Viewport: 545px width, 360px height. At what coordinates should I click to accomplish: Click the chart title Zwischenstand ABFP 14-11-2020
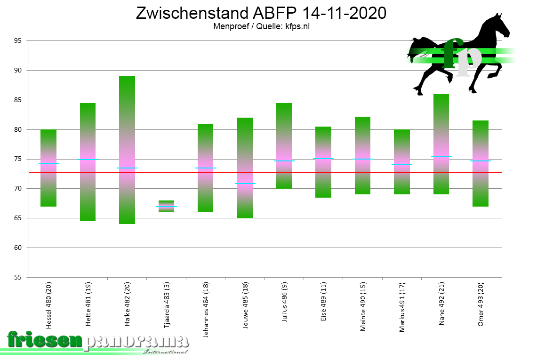point(261,13)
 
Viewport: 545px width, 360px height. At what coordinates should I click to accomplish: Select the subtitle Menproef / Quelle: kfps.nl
point(261,26)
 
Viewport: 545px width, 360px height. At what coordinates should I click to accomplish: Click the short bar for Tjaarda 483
point(167,206)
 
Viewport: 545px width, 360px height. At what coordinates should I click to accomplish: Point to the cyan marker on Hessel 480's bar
point(48,164)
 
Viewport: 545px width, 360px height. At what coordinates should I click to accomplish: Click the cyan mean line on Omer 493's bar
point(481,161)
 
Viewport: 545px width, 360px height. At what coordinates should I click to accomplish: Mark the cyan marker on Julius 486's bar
point(284,161)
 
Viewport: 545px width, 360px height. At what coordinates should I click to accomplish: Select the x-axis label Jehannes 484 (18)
point(206,309)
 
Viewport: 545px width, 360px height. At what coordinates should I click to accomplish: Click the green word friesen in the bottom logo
point(45,340)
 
